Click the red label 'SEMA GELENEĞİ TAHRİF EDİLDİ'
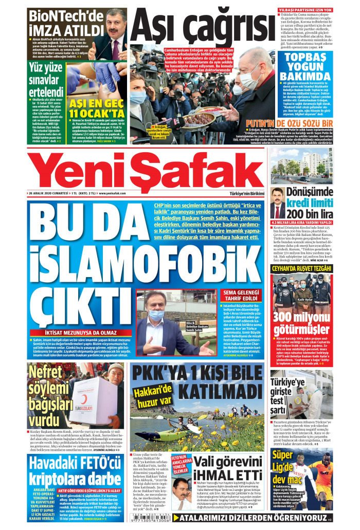[x=241, y=296]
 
